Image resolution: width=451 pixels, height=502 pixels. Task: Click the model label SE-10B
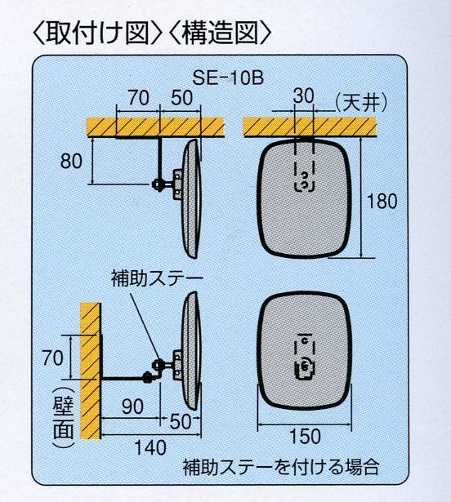228,78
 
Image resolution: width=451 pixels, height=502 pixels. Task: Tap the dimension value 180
382,201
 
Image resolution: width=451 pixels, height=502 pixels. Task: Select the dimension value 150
305,436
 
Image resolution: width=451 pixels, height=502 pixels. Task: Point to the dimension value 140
150,447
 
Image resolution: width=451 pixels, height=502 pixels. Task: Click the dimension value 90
132,406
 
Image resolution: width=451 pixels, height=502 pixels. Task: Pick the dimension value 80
71,161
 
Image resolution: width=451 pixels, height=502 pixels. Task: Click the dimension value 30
303,96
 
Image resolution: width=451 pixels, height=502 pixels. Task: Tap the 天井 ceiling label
361,103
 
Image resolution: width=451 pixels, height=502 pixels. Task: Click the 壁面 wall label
63,417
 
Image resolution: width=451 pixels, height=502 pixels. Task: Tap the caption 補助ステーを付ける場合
281,467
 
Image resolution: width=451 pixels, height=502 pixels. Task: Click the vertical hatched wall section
90,371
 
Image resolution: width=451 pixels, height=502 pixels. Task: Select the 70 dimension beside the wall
53,358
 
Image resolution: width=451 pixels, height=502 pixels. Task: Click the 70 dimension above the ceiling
138,98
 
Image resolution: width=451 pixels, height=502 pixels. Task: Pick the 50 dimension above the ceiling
181,98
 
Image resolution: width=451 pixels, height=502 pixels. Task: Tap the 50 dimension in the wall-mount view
180,422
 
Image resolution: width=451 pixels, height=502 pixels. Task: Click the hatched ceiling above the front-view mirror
310,127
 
